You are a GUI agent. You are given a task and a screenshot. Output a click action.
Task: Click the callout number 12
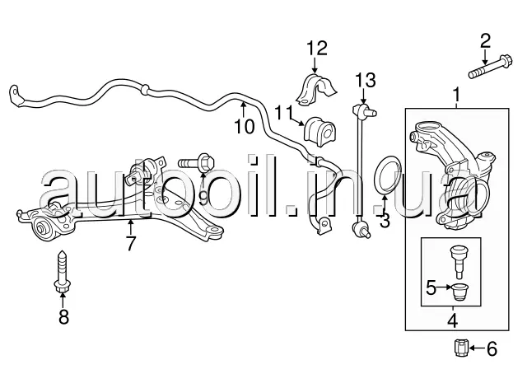pyautogui.click(x=318, y=47)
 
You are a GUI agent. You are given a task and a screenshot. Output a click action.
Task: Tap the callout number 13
pyautogui.click(x=366, y=80)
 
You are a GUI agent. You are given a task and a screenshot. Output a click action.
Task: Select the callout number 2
pyautogui.click(x=485, y=39)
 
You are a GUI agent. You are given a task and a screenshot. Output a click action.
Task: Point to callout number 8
pyautogui.click(x=63, y=317)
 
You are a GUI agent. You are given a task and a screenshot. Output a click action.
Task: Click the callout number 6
pyautogui.click(x=492, y=349)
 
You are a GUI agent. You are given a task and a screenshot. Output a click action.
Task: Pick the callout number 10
pyautogui.click(x=245, y=126)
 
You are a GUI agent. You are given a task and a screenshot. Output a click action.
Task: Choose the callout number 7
pyautogui.click(x=129, y=243)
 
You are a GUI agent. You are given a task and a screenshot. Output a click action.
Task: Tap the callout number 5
pyautogui.click(x=431, y=288)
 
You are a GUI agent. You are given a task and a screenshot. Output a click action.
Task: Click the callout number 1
pyautogui.click(x=458, y=101)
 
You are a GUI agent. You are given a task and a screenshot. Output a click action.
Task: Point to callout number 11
pyautogui.click(x=284, y=111)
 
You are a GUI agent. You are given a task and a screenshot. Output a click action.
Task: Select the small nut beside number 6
pyautogui.click(x=462, y=348)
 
